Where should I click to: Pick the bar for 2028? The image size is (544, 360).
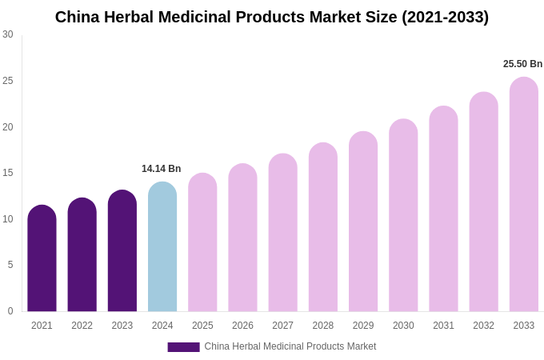(323, 227)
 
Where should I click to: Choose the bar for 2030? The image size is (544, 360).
(403, 215)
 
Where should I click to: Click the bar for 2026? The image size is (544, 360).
(242, 238)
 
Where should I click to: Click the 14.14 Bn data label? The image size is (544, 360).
(162, 169)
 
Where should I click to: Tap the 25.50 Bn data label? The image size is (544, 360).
(522, 64)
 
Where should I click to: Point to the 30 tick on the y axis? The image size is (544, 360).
(8, 34)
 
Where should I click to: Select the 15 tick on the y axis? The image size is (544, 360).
(8, 173)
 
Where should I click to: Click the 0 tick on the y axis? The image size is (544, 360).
(10, 311)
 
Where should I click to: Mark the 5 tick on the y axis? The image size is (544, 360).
(10, 265)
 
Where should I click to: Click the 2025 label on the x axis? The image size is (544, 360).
(202, 326)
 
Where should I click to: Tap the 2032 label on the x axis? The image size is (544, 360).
(483, 326)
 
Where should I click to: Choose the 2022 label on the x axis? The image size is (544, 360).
(82, 326)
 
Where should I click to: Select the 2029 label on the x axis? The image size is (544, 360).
(363, 326)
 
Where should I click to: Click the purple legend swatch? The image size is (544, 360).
(183, 347)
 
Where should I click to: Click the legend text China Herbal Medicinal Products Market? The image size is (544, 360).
(290, 346)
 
